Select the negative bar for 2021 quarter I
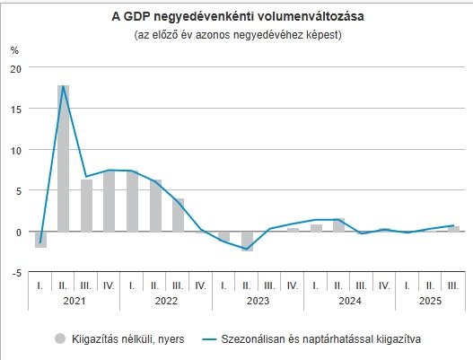click(40, 239)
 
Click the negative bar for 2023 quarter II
click(247, 241)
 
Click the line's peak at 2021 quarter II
click(64, 86)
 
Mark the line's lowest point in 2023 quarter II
click(247, 250)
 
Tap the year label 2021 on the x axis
click(74, 302)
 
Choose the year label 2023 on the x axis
click(258, 302)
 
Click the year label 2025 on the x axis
click(430, 302)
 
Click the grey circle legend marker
click(61, 339)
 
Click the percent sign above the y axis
click(13, 49)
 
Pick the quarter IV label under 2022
click(201, 285)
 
